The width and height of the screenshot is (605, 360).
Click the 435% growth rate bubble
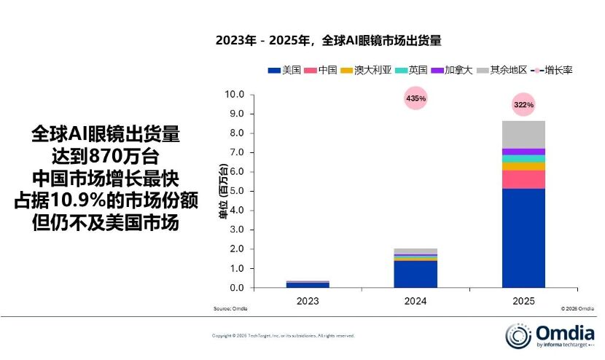(x=415, y=98)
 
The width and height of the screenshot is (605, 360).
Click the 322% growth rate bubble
(x=523, y=104)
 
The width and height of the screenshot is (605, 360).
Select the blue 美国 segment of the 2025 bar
(x=523, y=238)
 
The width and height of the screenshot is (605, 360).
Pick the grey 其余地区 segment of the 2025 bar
(x=523, y=134)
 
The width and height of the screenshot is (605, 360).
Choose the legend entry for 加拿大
(x=453, y=70)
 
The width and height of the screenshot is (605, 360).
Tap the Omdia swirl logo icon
(x=517, y=335)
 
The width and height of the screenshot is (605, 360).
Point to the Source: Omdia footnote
(x=230, y=309)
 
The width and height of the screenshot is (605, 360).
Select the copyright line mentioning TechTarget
(x=283, y=335)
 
